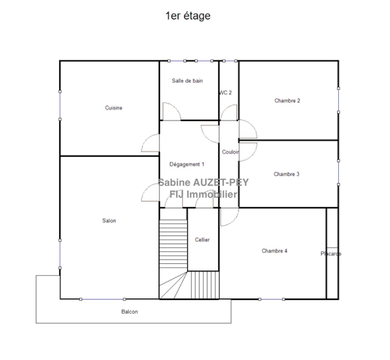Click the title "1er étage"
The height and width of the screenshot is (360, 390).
pos(188,16)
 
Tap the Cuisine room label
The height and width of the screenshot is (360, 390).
pos(114,108)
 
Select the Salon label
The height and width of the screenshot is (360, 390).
pos(109,221)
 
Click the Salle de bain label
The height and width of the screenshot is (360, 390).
pos(187,81)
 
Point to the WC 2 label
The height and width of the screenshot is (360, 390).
pos(226,93)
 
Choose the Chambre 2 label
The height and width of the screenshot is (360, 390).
pos(287,101)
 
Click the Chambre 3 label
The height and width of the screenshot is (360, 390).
pos(287,174)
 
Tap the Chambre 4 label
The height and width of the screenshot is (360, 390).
pos(274,251)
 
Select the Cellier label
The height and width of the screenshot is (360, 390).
pos(202,240)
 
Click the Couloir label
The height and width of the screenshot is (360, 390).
pos(231,152)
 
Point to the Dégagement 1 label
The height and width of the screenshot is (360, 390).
pos(187,164)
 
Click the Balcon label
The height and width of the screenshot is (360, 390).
pos(129,312)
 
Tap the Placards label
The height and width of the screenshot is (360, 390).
pos(331,254)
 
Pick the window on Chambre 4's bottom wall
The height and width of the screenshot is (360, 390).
pos(272,299)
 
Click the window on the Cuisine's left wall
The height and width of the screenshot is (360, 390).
pos(60,106)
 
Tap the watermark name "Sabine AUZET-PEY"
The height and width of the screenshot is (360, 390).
pos(204,182)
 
